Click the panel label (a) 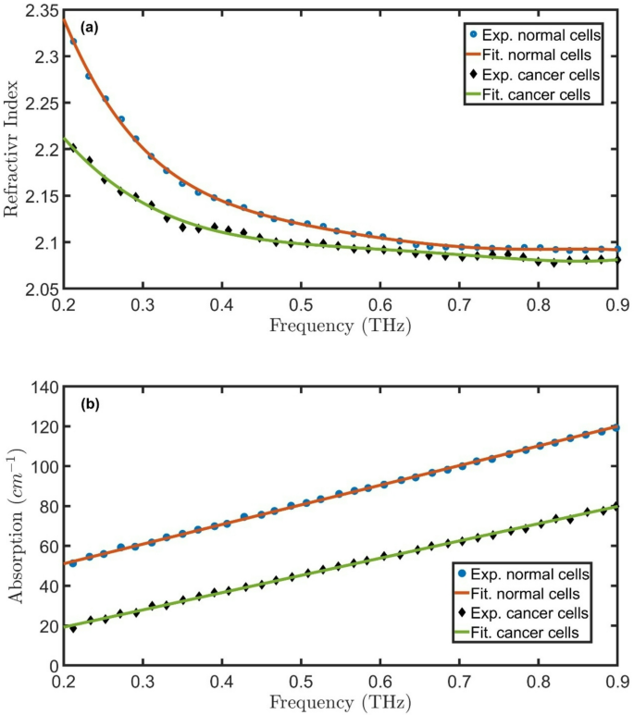(x=90, y=28)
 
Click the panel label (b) (x=90, y=404)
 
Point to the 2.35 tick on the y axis (x=41, y=10)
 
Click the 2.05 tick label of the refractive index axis (x=41, y=290)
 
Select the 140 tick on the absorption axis (x=45, y=387)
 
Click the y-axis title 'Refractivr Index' (x=13, y=150)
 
